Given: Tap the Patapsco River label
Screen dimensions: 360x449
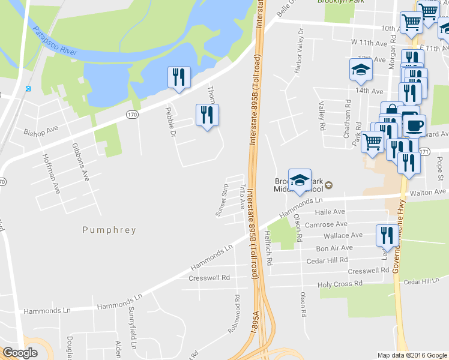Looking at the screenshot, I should click(55, 41).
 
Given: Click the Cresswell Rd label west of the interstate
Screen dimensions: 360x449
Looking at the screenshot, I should click(209, 278).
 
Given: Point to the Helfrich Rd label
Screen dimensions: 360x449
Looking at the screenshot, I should click(270, 249).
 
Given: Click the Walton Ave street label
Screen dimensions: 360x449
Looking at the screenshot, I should click(429, 192).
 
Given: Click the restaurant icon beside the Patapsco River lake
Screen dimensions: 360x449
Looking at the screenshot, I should click(179, 77).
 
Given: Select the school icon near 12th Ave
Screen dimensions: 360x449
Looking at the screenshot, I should click(360, 70).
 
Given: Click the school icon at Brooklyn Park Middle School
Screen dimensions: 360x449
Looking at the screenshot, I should click(300, 180).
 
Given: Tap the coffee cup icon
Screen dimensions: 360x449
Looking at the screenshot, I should click(414, 125).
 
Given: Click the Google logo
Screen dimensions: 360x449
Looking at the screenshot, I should click(20, 353).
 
